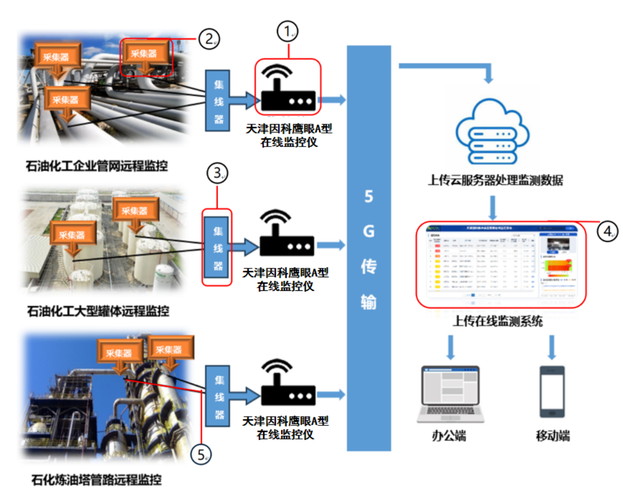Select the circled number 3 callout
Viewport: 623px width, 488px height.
click(x=217, y=174)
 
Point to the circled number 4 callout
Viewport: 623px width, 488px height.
click(x=606, y=231)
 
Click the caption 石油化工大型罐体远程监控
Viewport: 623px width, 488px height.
click(x=98, y=312)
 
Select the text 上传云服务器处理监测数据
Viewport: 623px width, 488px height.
click(x=495, y=180)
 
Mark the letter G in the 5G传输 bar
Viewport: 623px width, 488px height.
click(x=369, y=231)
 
